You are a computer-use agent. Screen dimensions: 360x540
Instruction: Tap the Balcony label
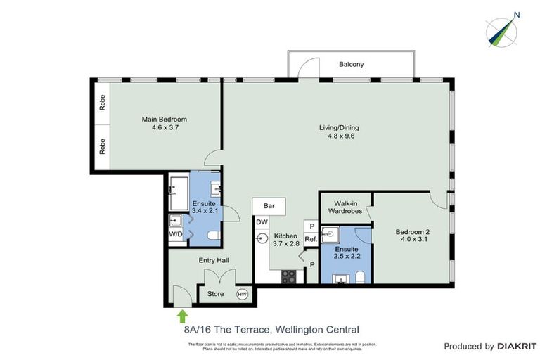(x=351, y=64)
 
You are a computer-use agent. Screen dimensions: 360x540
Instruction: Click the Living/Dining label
(x=339, y=127)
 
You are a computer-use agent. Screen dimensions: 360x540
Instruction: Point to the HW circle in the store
(x=243, y=294)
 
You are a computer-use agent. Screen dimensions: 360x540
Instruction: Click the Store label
(x=215, y=294)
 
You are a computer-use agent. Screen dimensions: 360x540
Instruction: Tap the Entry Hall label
(x=213, y=260)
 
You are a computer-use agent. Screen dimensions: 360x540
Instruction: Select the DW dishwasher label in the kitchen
(x=262, y=222)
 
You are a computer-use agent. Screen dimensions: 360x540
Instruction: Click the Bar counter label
(x=269, y=207)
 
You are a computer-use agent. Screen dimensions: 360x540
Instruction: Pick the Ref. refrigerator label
(x=310, y=239)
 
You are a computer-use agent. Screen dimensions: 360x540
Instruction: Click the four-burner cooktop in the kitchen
(x=289, y=276)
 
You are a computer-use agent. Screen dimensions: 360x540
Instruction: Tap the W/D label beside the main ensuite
(x=176, y=234)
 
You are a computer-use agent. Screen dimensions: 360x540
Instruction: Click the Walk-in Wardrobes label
(x=345, y=207)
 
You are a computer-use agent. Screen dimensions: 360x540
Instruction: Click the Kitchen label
(x=286, y=236)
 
